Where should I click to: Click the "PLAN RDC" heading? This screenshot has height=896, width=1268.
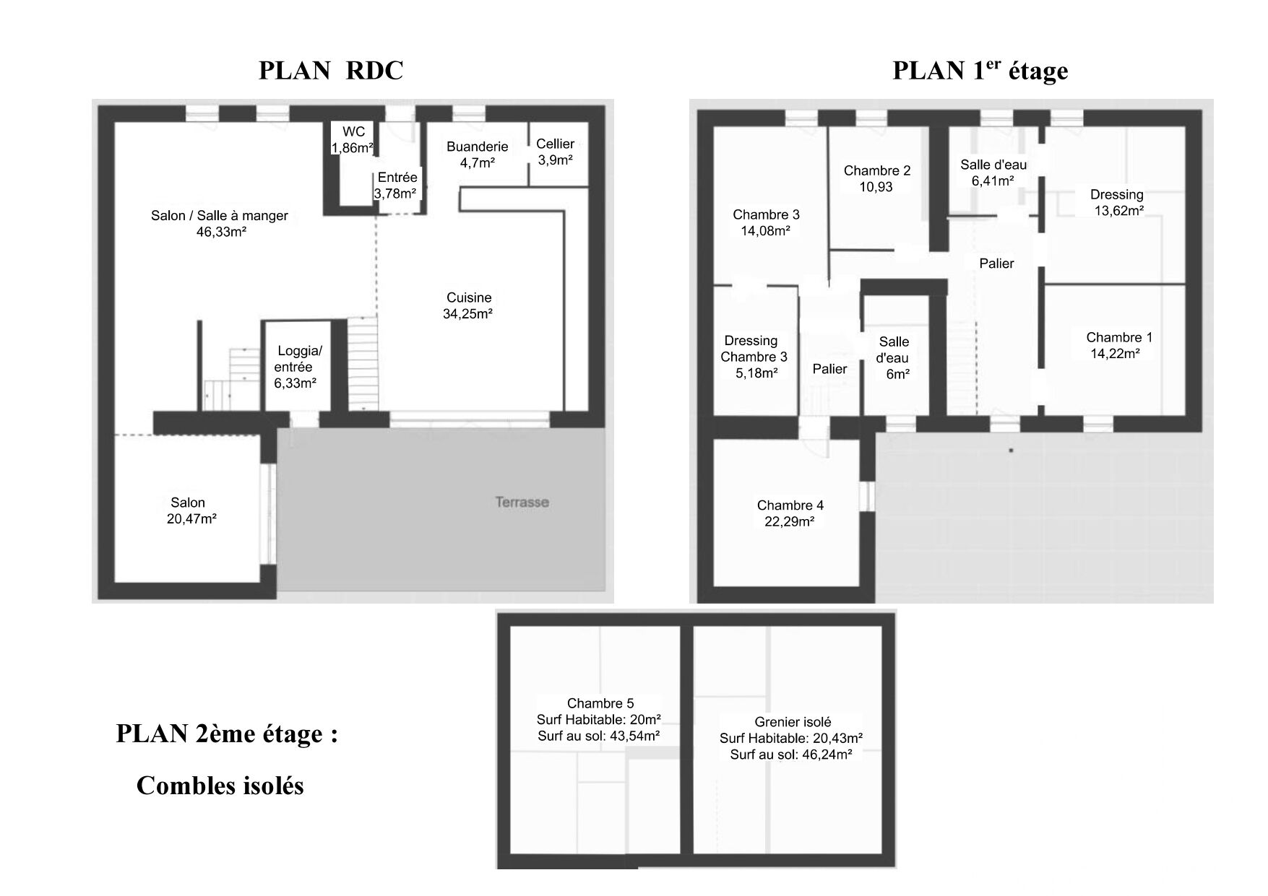[331, 71]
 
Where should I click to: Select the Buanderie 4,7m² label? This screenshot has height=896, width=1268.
[477, 155]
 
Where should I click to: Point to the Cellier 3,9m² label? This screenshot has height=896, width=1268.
[555, 152]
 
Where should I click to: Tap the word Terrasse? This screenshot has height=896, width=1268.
[522, 502]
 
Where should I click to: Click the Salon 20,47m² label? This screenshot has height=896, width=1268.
[191, 510]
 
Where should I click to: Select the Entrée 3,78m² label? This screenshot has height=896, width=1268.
[397, 186]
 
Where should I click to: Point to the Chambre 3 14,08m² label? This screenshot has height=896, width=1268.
[766, 223]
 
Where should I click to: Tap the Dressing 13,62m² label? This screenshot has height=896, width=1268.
[1117, 203]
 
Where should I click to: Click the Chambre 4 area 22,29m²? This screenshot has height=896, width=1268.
[790, 521]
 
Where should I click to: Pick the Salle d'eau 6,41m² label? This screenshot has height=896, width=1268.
[993, 173]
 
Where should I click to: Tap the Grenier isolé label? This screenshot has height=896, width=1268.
[793, 722]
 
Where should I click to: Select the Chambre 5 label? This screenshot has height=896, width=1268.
[600, 703]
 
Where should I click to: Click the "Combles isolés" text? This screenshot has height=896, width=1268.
[220, 786]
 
